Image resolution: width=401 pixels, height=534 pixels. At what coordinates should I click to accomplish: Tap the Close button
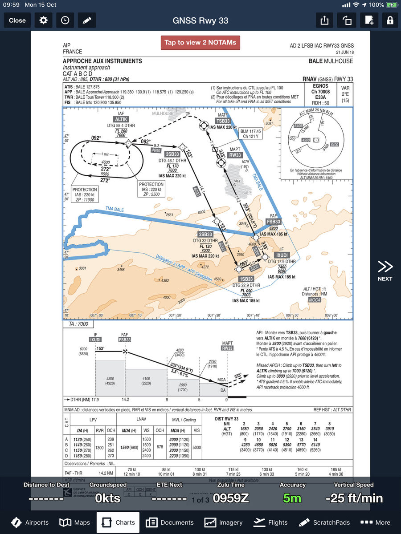tap(17, 20)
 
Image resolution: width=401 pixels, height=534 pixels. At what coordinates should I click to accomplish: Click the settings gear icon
tap(43, 20)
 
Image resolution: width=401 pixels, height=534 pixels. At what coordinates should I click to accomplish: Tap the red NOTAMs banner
tap(200, 43)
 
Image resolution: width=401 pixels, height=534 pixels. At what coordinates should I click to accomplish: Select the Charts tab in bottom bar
tap(118, 522)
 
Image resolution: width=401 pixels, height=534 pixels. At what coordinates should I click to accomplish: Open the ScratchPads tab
tap(325, 522)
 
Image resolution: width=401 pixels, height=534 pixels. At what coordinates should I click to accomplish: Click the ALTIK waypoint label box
tap(121, 119)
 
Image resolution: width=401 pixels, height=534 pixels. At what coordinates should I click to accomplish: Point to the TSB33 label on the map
tap(223, 121)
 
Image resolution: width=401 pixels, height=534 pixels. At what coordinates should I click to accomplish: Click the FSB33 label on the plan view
tap(274, 222)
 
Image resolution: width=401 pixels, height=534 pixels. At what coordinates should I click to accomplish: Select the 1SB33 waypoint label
tap(246, 279)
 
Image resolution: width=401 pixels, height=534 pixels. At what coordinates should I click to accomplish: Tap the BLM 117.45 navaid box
tap(250, 134)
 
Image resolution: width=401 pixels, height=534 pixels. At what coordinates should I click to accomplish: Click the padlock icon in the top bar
tap(390, 20)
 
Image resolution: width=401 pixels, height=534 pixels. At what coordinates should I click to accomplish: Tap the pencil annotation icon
tap(87, 20)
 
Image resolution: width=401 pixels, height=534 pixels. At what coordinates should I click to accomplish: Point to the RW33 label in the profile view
tap(227, 348)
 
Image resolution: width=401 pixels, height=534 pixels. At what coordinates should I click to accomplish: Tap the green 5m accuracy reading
tap(292, 498)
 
